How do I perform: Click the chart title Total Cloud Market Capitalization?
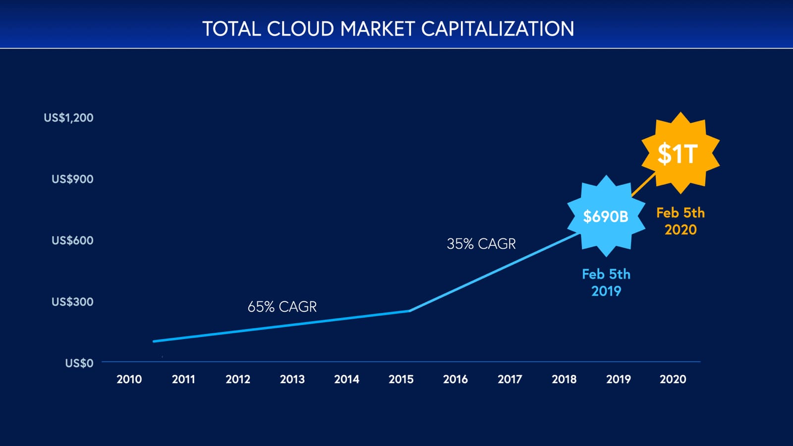pos(388,29)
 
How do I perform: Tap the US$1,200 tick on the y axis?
pos(68,118)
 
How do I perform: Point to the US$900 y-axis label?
pos(72,179)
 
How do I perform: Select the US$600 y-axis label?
pos(72,241)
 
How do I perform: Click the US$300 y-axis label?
pos(72,302)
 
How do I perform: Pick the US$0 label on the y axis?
pos(79,363)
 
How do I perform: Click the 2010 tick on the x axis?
pos(129,379)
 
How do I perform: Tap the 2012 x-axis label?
pos(238,379)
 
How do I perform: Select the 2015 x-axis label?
pos(401,379)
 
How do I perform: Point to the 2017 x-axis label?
pos(510,379)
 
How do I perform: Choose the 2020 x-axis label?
pos(673,379)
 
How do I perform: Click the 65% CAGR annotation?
pos(282,307)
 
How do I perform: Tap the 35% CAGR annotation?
pos(481,244)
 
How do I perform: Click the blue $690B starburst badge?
pos(606,216)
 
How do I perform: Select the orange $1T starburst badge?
pos(680,153)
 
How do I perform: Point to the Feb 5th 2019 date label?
pos(606,282)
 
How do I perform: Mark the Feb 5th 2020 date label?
pos(680,221)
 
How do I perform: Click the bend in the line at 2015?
pos(409,311)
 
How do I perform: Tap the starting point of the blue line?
pos(154,341)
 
